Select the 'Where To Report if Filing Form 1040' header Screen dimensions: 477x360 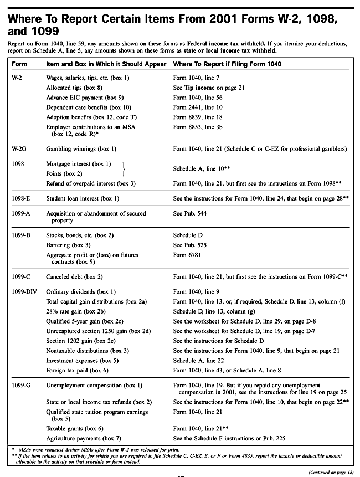[227, 64]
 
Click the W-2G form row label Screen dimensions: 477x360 [20, 149]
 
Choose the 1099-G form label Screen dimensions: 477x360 [21, 385]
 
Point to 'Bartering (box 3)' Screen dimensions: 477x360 [68, 244]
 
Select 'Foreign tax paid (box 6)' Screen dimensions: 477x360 [77, 370]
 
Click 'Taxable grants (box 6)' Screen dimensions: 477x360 [75, 428]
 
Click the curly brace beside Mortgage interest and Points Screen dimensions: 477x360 [123, 168]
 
